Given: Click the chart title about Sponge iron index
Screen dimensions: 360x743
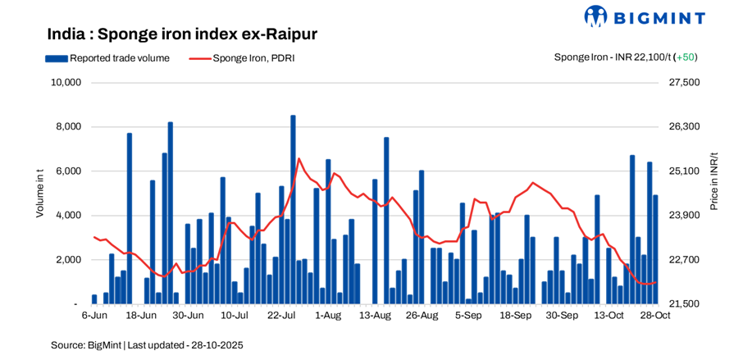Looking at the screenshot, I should pyautogui.click(x=182, y=34).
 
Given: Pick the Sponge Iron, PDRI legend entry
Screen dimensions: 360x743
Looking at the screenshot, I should pyautogui.click(x=244, y=57).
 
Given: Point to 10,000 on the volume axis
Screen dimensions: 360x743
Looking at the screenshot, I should pyautogui.click(x=65, y=83).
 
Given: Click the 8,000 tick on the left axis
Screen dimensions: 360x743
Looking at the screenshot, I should pyautogui.click(x=67, y=127).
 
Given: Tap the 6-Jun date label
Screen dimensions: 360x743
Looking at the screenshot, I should pyautogui.click(x=94, y=315).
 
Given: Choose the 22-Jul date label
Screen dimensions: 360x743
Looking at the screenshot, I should pyautogui.click(x=281, y=315).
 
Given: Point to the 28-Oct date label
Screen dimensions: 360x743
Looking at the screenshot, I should pyautogui.click(x=656, y=315).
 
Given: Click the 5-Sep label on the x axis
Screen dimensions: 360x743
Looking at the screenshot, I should pyautogui.click(x=468, y=315).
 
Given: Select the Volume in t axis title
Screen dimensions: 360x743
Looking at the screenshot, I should pyautogui.click(x=39, y=193).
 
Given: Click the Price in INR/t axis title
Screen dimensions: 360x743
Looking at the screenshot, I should pyautogui.click(x=713, y=181).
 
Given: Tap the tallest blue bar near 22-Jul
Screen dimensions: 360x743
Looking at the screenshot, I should pyautogui.click(x=293, y=209).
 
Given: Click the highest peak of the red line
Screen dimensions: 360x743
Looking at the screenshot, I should pyautogui.click(x=299, y=158).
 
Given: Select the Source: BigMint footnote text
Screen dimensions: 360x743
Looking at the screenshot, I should pyautogui.click(x=147, y=345).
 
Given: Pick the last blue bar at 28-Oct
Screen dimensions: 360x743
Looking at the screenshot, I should pyautogui.click(x=655, y=249).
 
